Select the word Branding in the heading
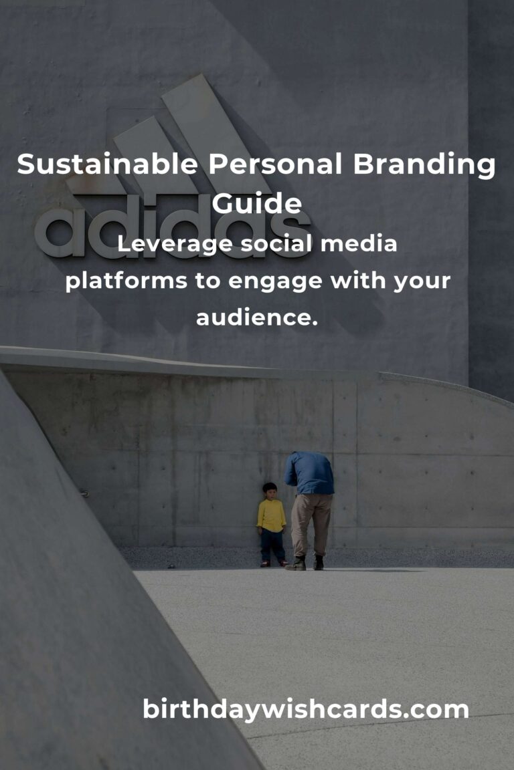coord(424,166)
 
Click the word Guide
coord(257,203)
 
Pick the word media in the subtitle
coord(359,243)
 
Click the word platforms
coord(126,281)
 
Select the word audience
coord(257,317)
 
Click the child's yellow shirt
coord(271,515)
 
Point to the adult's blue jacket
coord(310,473)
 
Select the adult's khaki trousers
coord(311,525)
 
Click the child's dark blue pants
coord(272,546)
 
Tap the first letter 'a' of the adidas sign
coord(60,231)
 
